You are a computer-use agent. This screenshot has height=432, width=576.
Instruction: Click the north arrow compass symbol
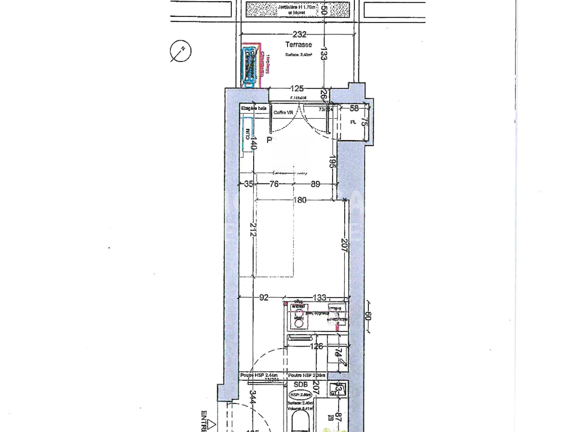point(181,51)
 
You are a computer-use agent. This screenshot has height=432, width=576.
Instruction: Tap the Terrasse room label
point(298,44)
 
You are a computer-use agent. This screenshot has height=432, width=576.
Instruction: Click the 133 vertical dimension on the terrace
point(324,53)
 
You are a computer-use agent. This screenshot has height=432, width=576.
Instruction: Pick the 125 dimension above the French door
point(296,88)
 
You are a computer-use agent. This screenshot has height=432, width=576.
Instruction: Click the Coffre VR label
point(283,112)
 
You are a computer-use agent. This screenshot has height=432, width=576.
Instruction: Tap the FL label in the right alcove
point(353,121)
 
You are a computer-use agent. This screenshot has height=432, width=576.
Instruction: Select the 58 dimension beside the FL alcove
point(354,107)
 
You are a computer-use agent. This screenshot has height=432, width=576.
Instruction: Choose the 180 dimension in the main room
point(300,200)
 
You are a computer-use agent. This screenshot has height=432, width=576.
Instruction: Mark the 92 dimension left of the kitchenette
point(264,298)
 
